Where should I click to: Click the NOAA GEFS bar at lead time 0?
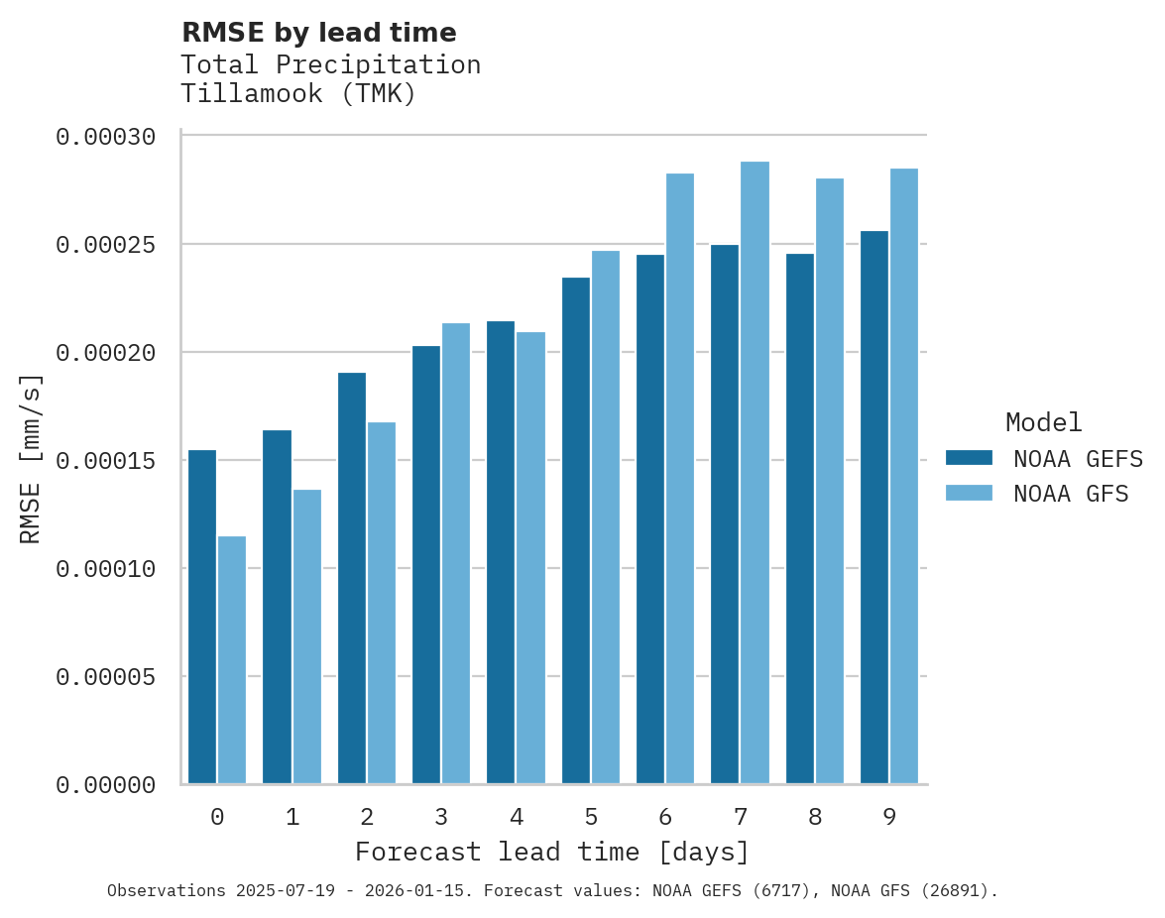click(x=202, y=617)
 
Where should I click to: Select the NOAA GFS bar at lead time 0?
click(x=232, y=660)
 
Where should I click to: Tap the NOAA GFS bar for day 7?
click(x=755, y=473)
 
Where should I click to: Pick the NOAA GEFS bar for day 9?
click(x=874, y=508)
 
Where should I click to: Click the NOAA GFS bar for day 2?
click(x=382, y=603)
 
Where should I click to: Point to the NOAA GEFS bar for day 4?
click(x=501, y=552)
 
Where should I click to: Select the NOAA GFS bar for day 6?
click(x=680, y=479)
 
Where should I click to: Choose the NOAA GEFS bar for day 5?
click(x=576, y=530)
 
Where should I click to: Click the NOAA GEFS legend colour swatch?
click(x=969, y=457)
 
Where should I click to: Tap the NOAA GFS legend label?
click(x=1071, y=494)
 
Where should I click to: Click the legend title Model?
click(x=1043, y=422)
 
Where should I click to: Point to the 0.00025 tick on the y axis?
click(x=105, y=245)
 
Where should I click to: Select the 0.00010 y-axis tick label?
click(x=105, y=569)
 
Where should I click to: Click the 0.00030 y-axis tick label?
click(x=105, y=137)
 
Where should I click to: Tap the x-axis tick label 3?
click(x=441, y=818)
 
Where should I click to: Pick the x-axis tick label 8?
click(x=815, y=818)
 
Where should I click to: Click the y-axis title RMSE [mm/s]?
click(x=31, y=459)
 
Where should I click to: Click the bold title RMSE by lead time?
click(x=319, y=33)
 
